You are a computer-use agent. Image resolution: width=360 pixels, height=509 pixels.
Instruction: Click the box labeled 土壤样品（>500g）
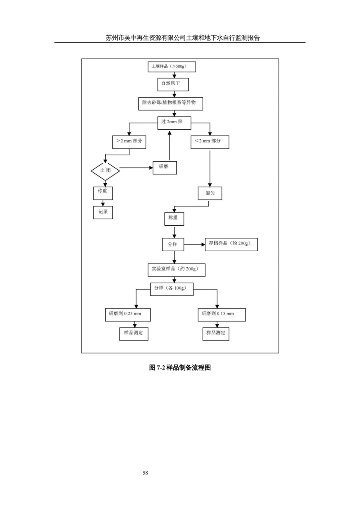pos(172,67)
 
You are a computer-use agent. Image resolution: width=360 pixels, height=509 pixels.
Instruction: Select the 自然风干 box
pos(173,84)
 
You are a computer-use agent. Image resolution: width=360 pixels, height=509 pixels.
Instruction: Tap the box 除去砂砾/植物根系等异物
pos(170,104)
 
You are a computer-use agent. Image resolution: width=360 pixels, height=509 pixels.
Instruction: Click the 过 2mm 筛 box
pos(174,123)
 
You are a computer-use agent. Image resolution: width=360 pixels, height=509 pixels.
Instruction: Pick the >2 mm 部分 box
pos(129,142)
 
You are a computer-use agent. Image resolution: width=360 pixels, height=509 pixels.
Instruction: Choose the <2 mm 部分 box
pos(210,142)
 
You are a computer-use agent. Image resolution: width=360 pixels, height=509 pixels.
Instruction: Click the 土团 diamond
pos(105,170)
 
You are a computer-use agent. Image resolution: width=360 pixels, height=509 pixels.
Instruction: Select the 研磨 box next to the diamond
pos(165,168)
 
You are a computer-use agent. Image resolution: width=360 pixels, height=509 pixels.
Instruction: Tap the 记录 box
pos(103,212)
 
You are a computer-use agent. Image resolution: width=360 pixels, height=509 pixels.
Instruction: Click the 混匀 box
pos(210,193)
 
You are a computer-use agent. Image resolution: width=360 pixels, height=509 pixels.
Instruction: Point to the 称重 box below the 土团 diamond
pos(103,193)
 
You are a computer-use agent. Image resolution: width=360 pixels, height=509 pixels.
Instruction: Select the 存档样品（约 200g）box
pos(231,244)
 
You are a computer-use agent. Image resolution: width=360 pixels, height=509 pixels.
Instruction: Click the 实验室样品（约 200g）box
pos(176,270)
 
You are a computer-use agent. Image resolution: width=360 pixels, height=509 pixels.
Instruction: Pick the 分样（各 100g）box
pos(172,289)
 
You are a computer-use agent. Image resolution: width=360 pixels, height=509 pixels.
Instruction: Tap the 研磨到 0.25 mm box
pos(128,315)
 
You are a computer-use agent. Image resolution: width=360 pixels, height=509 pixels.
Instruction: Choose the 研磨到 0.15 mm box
pos(222,315)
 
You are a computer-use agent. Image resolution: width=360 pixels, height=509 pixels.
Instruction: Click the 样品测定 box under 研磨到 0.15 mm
pos(216,334)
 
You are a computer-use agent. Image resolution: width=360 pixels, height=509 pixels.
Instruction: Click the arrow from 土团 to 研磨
pos(136,168)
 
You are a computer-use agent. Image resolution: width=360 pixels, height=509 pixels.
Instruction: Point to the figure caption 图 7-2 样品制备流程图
pos(180,367)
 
